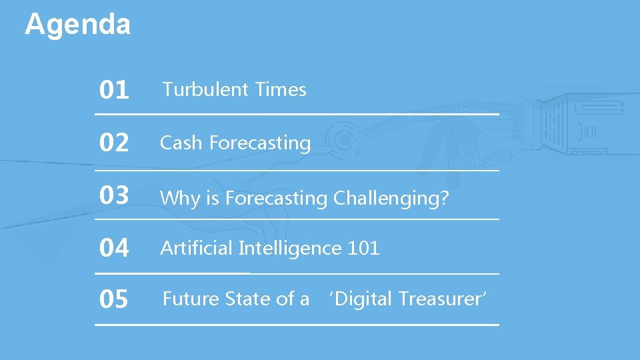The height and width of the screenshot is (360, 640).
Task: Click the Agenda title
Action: pyautogui.click(x=77, y=25)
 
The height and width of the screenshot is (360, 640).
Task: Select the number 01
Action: pyautogui.click(x=113, y=90)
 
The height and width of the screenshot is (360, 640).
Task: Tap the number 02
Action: pyautogui.click(x=113, y=143)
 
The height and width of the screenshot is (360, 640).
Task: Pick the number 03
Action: pyautogui.click(x=113, y=196)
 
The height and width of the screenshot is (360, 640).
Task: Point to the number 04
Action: pyautogui.click(x=113, y=249)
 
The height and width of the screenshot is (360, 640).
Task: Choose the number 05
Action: pyautogui.click(x=113, y=300)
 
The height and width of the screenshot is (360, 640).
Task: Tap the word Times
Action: pyautogui.click(x=280, y=89)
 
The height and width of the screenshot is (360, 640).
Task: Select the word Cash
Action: pyautogui.click(x=181, y=143)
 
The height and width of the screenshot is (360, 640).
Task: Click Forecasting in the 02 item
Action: pyautogui.click(x=260, y=143)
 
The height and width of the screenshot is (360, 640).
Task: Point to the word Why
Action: pyautogui.click(x=180, y=199)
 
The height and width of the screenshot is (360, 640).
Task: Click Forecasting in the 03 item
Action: pyautogui.click(x=276, y=199)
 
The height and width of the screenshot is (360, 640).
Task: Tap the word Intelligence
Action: pyautogui.click(x=290, y=249)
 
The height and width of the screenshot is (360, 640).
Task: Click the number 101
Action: pyautogui.click(x=364, y=248)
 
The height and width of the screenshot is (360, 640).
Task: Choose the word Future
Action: pyautogui.click(x=191, y=299)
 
